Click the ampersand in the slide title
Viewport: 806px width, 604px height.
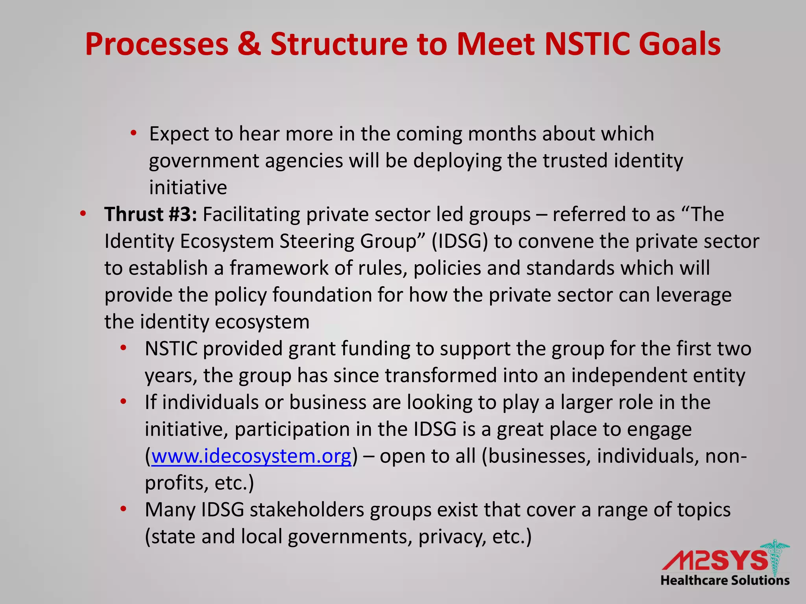tap(249, 44)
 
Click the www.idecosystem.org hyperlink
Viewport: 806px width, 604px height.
tap(251, 457)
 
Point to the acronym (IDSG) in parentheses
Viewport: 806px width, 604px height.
tap(459, 241)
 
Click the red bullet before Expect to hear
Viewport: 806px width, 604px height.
tap(134, 133)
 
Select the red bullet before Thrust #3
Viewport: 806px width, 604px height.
tap(83, 214)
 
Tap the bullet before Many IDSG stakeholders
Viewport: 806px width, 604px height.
tap(124, 509)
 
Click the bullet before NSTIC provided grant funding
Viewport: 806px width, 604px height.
tap(124, 348)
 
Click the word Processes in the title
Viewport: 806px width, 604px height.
tap(157, 44)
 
